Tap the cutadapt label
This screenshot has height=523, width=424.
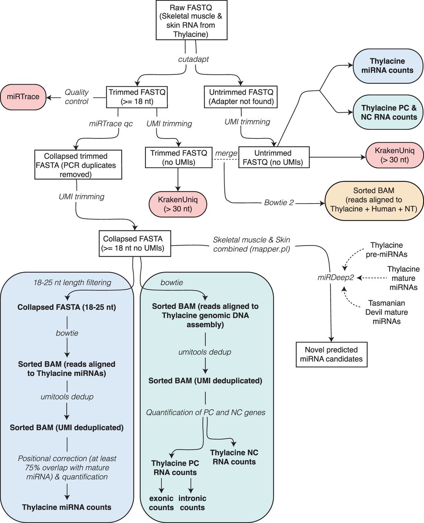(x=193, y=59)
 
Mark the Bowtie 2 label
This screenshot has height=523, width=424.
(x=279, y=202)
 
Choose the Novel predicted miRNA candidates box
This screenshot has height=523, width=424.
(x=331, y=355)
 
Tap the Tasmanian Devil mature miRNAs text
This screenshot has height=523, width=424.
(x=386, y=312)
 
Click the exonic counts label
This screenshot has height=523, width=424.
(x=161, y=503)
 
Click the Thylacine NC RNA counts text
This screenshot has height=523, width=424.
(x=234, y=457)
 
